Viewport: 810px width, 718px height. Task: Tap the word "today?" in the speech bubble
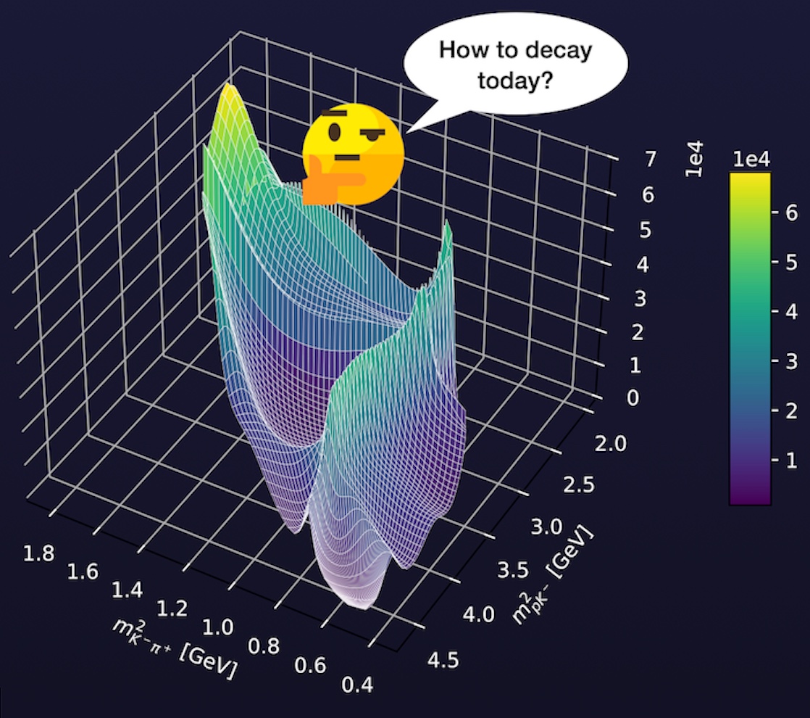click(515, 81)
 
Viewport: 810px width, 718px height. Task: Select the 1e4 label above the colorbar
click(750, 161)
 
